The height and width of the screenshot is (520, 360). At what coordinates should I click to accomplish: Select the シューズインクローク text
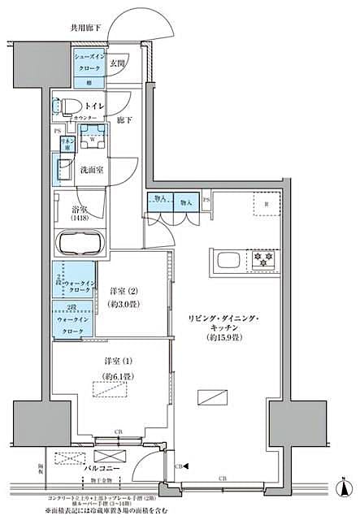(x=89, y=63)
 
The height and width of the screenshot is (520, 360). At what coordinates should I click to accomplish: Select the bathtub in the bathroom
(x=78, y=242)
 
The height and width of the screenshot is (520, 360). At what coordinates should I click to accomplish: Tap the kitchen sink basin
(x=227, y=261)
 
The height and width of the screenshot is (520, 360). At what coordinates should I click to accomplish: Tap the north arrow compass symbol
(x=346, y=487)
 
